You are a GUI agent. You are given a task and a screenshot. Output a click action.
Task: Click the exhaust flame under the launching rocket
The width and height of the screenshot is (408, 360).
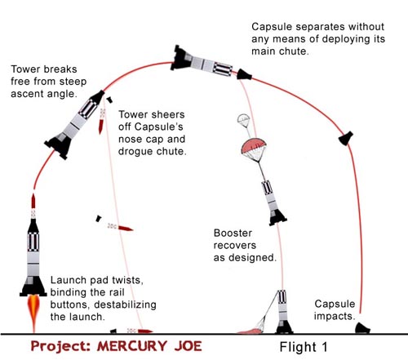click(33, 313)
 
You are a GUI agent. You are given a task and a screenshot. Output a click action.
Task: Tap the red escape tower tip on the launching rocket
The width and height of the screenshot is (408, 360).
click(33, 201)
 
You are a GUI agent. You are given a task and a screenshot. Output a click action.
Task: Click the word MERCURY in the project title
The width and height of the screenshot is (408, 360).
click(132, 346)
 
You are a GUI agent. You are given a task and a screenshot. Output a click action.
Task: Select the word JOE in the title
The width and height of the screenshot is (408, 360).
click(188, 346)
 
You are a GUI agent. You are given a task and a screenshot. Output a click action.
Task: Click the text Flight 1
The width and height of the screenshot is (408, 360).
click(304, 347)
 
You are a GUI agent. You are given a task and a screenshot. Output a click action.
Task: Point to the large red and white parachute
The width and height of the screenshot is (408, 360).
click(254, 149)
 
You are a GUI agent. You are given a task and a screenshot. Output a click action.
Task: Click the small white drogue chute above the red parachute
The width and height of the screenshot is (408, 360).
click(243, 119)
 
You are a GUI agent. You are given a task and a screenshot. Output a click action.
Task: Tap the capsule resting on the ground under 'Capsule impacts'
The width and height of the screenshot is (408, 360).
click(362, 328)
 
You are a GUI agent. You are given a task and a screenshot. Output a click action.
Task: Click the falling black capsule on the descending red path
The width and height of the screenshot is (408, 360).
click(346, 138)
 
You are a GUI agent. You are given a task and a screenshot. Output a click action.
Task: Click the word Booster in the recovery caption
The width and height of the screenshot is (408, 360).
click(233, 233)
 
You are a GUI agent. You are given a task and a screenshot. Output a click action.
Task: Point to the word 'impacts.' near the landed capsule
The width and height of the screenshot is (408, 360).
click(335, 316)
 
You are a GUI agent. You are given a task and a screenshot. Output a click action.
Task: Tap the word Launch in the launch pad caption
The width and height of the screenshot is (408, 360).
click(69, 280)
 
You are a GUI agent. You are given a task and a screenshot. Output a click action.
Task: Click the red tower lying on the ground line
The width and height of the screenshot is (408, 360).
click(145, 331)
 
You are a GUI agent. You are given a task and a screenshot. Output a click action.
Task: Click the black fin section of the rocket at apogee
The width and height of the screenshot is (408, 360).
click(180, 58)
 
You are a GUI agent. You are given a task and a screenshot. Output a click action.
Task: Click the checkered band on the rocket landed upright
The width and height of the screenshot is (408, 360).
click(282, 297)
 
